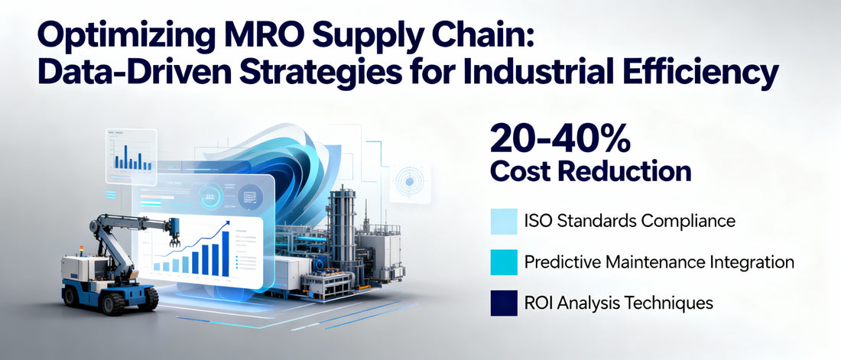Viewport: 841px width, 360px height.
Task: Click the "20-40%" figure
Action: [560, 138]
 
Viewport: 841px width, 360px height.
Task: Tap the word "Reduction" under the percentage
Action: [628, 170]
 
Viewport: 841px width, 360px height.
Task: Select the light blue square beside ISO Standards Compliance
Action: [503, 222]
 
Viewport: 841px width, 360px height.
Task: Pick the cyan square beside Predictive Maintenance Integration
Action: [503, 262]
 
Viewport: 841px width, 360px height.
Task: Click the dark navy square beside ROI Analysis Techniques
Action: [503, 303]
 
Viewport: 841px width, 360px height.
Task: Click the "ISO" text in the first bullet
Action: [540, 222]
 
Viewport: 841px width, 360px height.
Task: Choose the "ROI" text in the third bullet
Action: [541, 303]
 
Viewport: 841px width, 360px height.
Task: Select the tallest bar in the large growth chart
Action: [225, 252]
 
